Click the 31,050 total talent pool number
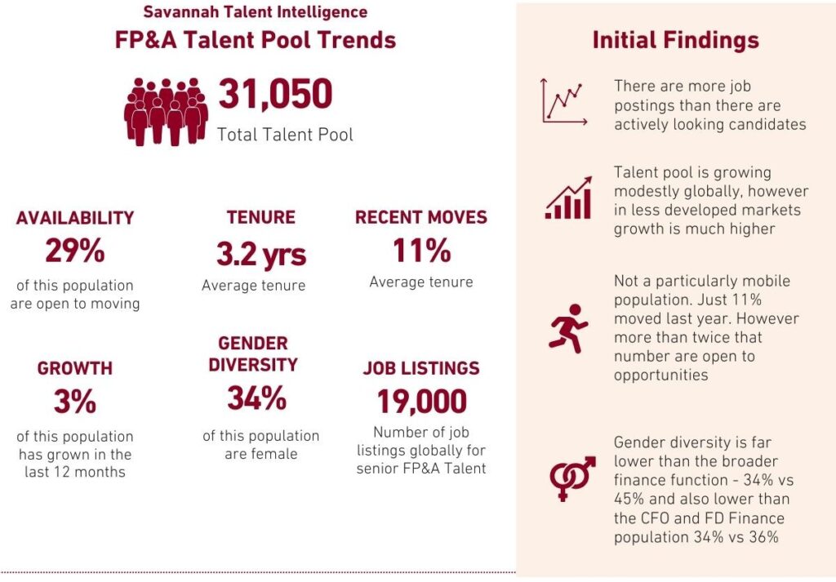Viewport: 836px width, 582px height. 275,95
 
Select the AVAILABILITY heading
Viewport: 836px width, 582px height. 75,218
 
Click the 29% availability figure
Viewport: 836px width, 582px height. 75,251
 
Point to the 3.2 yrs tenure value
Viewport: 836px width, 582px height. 261,254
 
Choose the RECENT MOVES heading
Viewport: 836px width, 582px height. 421,217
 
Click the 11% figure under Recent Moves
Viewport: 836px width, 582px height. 421,251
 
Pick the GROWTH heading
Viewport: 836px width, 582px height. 75,368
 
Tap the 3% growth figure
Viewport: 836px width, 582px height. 75,402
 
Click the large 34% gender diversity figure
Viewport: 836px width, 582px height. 257,398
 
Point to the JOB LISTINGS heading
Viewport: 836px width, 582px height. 421,368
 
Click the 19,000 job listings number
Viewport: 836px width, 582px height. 421,402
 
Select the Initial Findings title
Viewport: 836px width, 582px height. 675,41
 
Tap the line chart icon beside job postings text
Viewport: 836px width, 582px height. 564,102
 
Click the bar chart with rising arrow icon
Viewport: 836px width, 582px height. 568,198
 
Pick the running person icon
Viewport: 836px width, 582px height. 568,328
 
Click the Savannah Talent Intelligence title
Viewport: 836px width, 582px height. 256,12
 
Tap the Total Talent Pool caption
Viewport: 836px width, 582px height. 285,135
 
